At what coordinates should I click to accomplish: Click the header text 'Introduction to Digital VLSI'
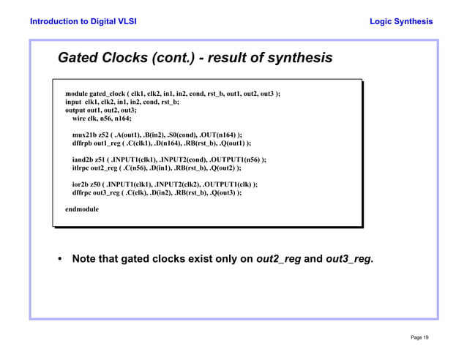tap(83, 21)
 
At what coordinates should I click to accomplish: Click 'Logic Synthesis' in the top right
tap(401, 21)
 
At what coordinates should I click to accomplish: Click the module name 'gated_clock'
tap(107, 94)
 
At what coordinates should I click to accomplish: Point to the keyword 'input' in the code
tap(74, 102)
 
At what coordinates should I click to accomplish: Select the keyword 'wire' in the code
tap(79, 119)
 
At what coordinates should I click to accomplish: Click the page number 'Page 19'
tap(420, 337)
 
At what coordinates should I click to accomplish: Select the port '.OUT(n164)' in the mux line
tap(218, 135)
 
